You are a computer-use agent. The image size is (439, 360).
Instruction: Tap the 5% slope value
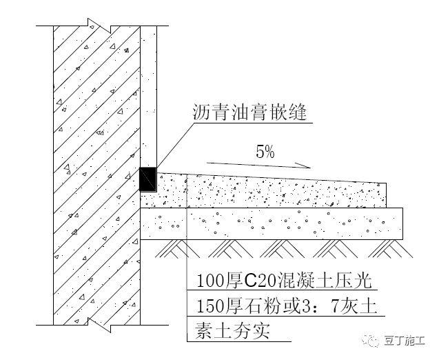pos(265,153)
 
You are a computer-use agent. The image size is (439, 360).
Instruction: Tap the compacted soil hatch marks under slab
pos(276,247)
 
